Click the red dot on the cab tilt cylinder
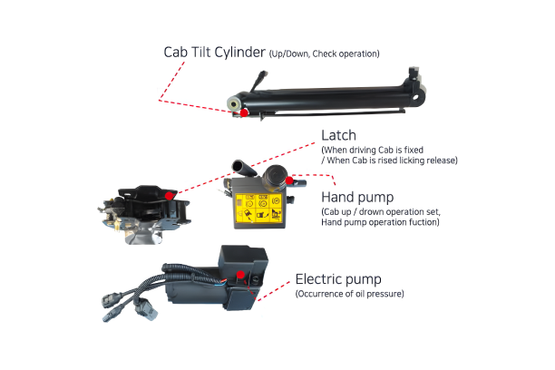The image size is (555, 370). coord(243,112)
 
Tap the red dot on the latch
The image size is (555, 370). coord(170,195)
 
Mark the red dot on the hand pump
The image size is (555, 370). coord(290,180)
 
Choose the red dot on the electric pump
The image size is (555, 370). coord(239,273)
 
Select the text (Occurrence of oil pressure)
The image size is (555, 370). coord(351,294)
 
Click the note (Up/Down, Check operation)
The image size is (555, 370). coord(325,54)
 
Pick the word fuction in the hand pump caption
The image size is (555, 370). coord(424,221)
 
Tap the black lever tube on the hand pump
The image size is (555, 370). coord(242,167)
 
